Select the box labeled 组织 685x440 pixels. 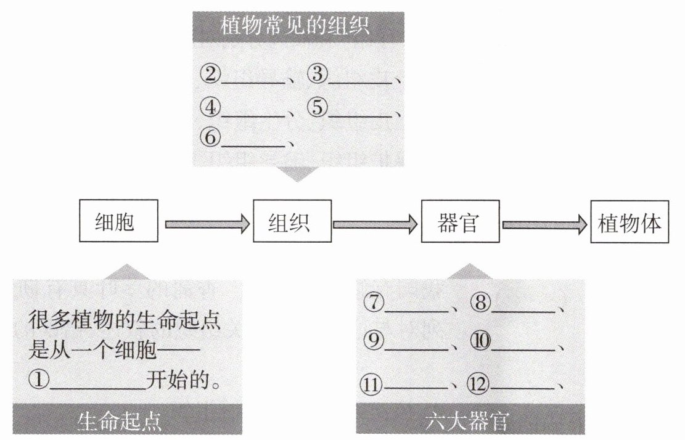click(x=292, y=221)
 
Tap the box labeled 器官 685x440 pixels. click(x=459, y=221)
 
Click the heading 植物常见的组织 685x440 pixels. click(x=298, y=26)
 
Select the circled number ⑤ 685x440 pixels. click(x=317, y=107)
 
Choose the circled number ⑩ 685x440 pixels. click(x=480, y=341)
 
